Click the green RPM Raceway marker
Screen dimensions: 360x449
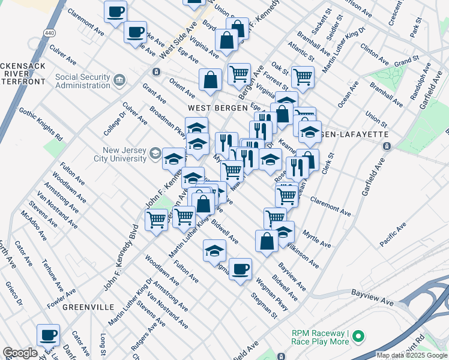358,336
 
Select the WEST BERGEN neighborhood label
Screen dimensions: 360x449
217,108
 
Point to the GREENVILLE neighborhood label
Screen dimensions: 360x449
88,307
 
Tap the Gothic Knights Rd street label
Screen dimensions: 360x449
41,124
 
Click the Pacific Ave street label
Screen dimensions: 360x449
393,234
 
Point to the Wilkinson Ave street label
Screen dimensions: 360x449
302,254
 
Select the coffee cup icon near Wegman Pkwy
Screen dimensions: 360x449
240,269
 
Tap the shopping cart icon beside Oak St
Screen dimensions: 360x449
302,76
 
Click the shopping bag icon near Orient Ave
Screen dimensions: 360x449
211,80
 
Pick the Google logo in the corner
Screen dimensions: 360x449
19,353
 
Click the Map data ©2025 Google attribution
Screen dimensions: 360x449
412,355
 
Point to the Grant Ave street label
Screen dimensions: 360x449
154,96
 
